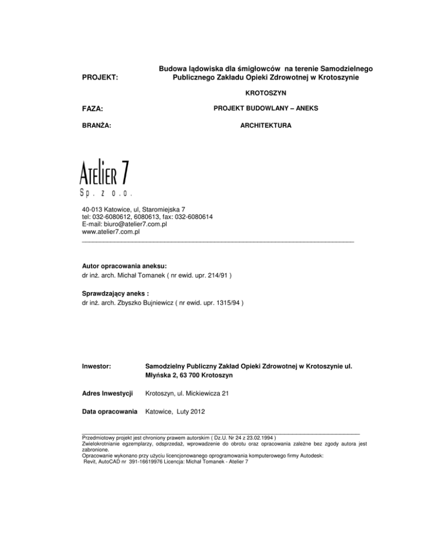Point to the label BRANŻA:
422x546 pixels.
[x=96, y=126]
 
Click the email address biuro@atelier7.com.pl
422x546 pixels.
[x=145, y=224]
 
